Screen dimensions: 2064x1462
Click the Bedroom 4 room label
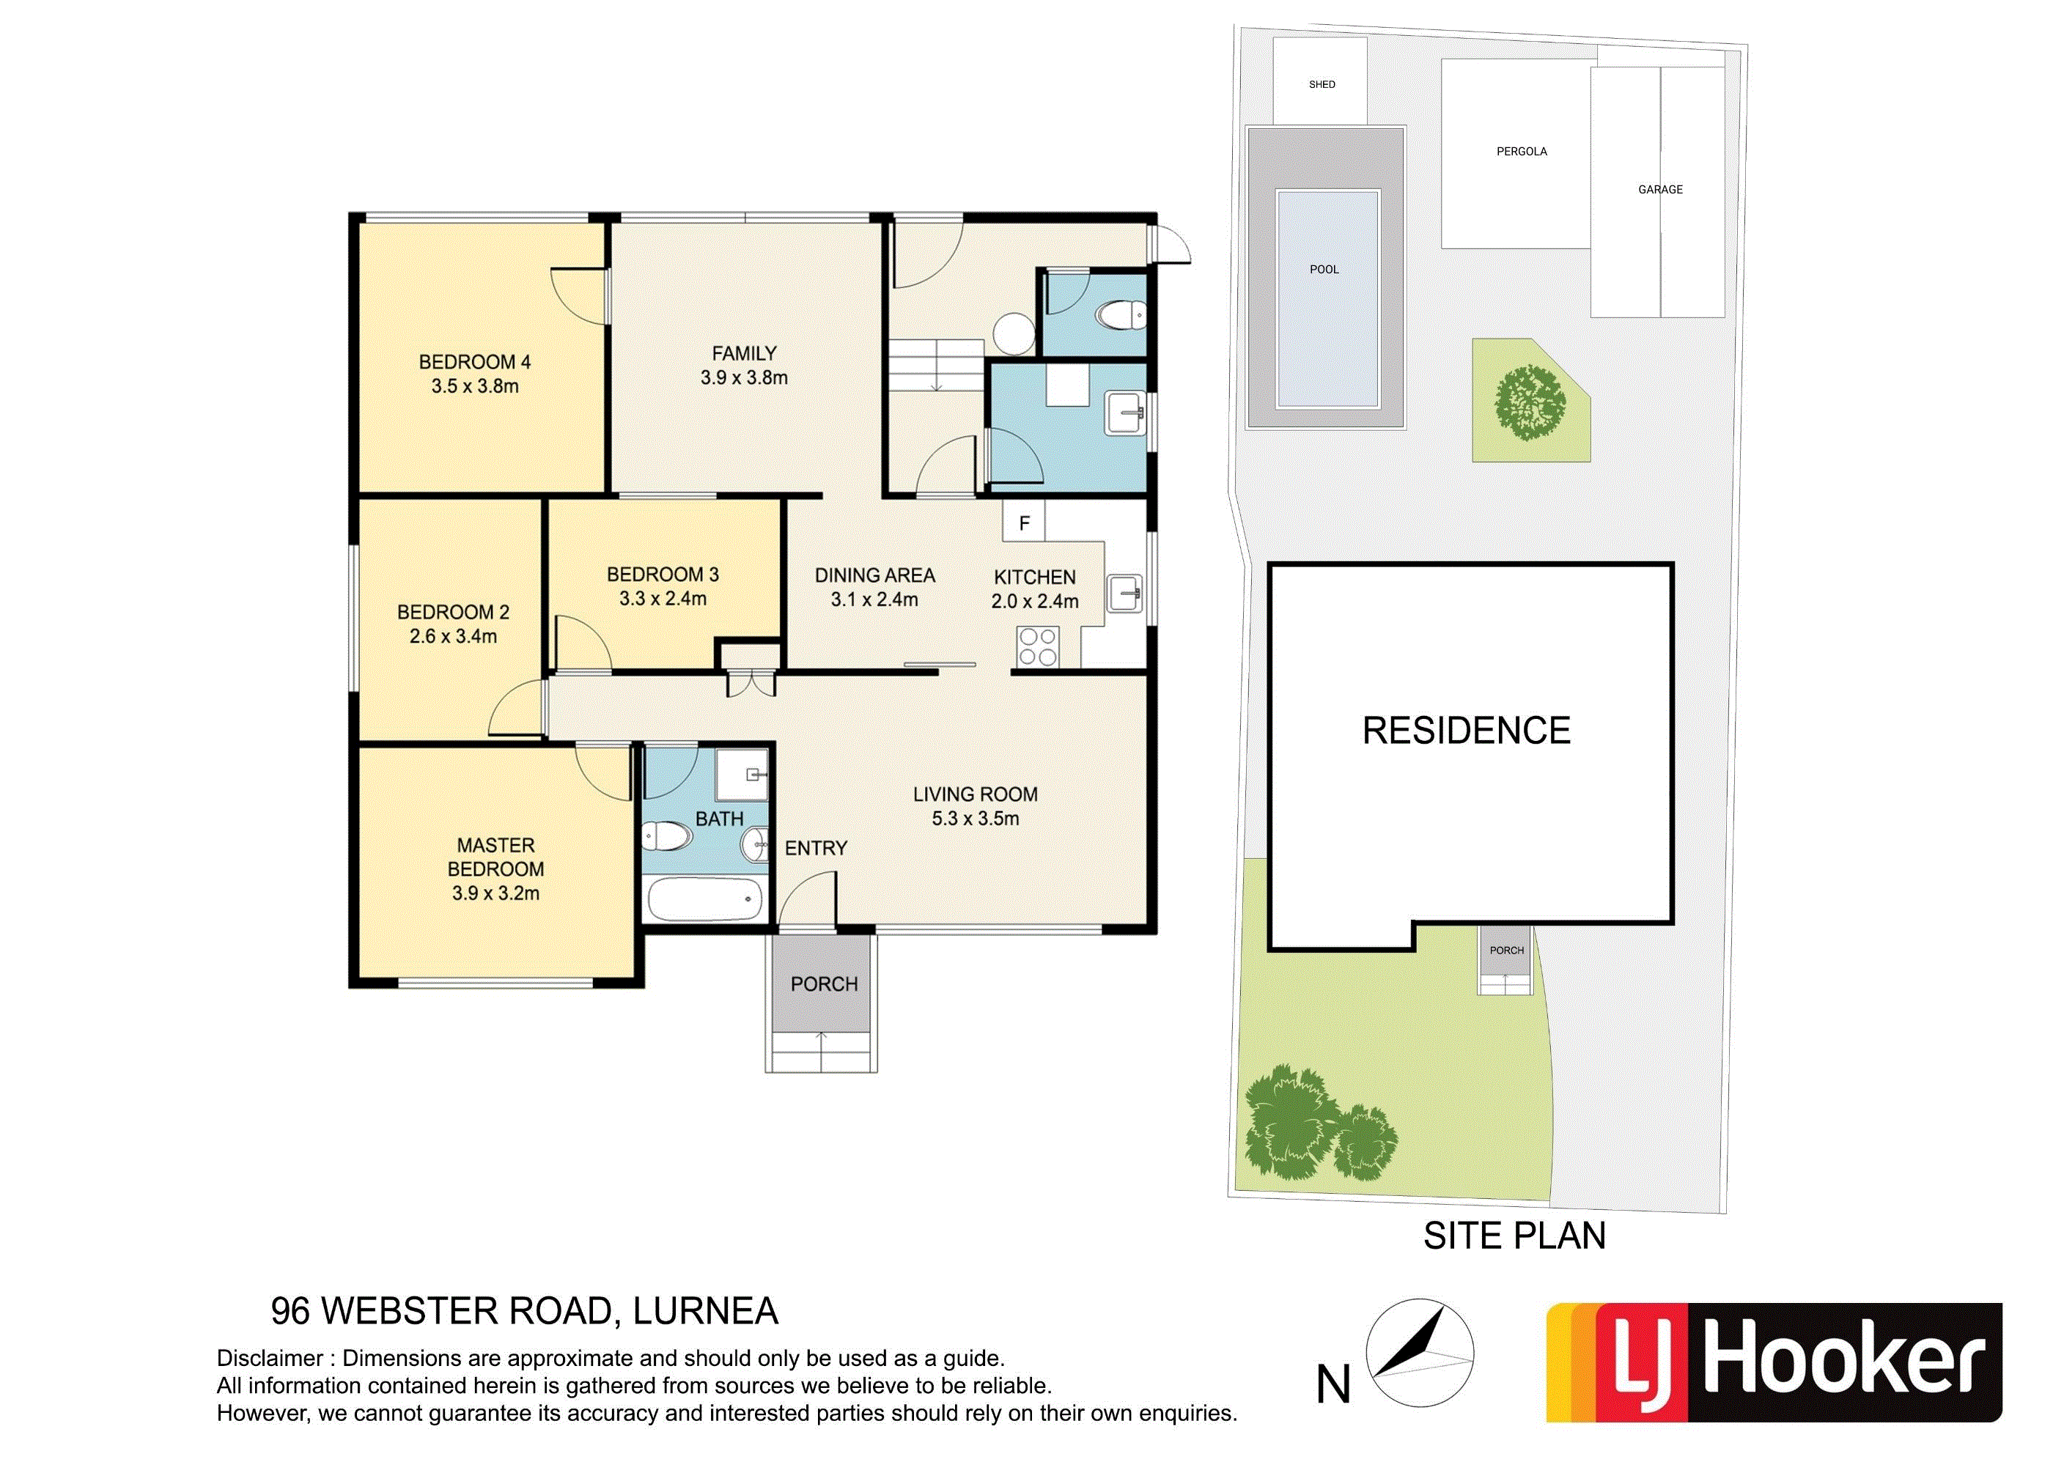(474, 362)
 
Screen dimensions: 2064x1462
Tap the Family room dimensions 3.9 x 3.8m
(745, 378)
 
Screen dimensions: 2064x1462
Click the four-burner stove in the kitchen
(1038, 647)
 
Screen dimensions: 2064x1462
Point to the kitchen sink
(1124, 594)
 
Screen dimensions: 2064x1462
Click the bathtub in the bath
(706, 898)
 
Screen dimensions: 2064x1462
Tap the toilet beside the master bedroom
(666, 837)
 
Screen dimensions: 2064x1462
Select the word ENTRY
(816, 848)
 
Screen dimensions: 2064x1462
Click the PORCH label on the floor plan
(824, 984)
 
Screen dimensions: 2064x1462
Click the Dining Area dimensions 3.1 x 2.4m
(874, 599)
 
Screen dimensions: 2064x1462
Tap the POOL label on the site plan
(1324, 269)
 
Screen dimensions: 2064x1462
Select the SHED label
(1322, 84)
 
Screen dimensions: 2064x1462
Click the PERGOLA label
(1521, 151)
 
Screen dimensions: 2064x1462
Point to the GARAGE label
(1660, 189)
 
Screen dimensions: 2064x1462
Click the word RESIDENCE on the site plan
(1467, 730)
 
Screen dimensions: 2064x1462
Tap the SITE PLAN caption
(1514, 1236)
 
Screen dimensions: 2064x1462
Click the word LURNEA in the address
(706, 1311)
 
